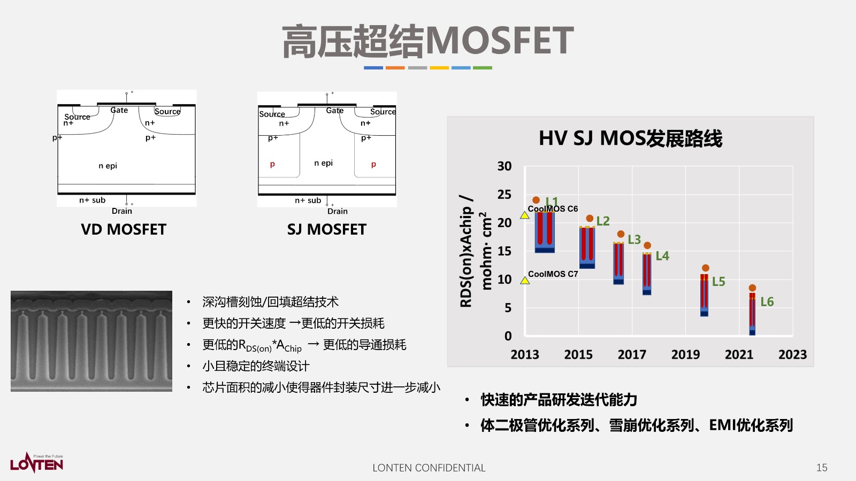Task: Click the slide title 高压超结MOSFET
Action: (428, 41)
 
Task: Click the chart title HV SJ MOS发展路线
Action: (630, 138)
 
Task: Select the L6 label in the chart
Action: (767, 302)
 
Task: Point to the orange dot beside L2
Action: (590, 219)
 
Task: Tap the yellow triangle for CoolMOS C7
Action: (525, 280)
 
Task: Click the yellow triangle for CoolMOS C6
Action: (525, 215)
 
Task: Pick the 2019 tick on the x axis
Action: (685, 354)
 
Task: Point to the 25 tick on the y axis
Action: (504, 195)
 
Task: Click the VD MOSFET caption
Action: (124, 229)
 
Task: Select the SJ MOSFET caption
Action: (327, 229)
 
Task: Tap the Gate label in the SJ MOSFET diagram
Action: (335, 111)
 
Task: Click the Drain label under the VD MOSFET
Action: (122, 211)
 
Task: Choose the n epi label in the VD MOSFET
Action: (108, 166)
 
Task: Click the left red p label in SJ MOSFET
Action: (272, 164)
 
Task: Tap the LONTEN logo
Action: (36, 463)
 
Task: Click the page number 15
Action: (822, 468)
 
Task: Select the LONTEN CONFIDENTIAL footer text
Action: (429, 468)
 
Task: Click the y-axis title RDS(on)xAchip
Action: (467, 251)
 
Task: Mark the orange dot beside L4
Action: (647, 245)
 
